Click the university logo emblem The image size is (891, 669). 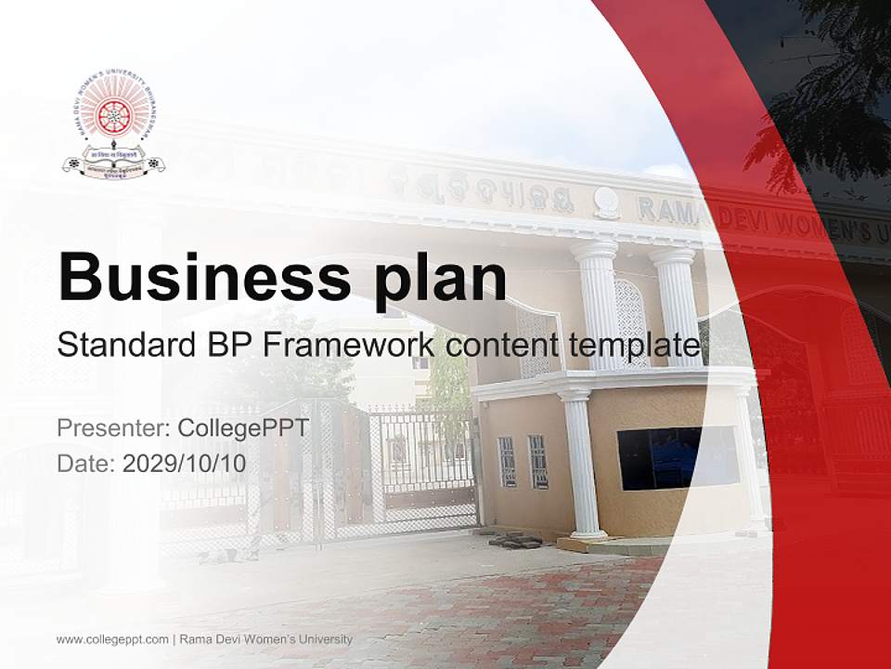(x=113, y=128)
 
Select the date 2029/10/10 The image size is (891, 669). (x=185, y=463)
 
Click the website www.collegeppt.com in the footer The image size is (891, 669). (x=112, y=639)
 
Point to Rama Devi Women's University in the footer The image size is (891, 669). (x=266, y=639)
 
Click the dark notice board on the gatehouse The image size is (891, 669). (x=678, y=457)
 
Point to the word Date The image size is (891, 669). (x=84, y=463)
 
